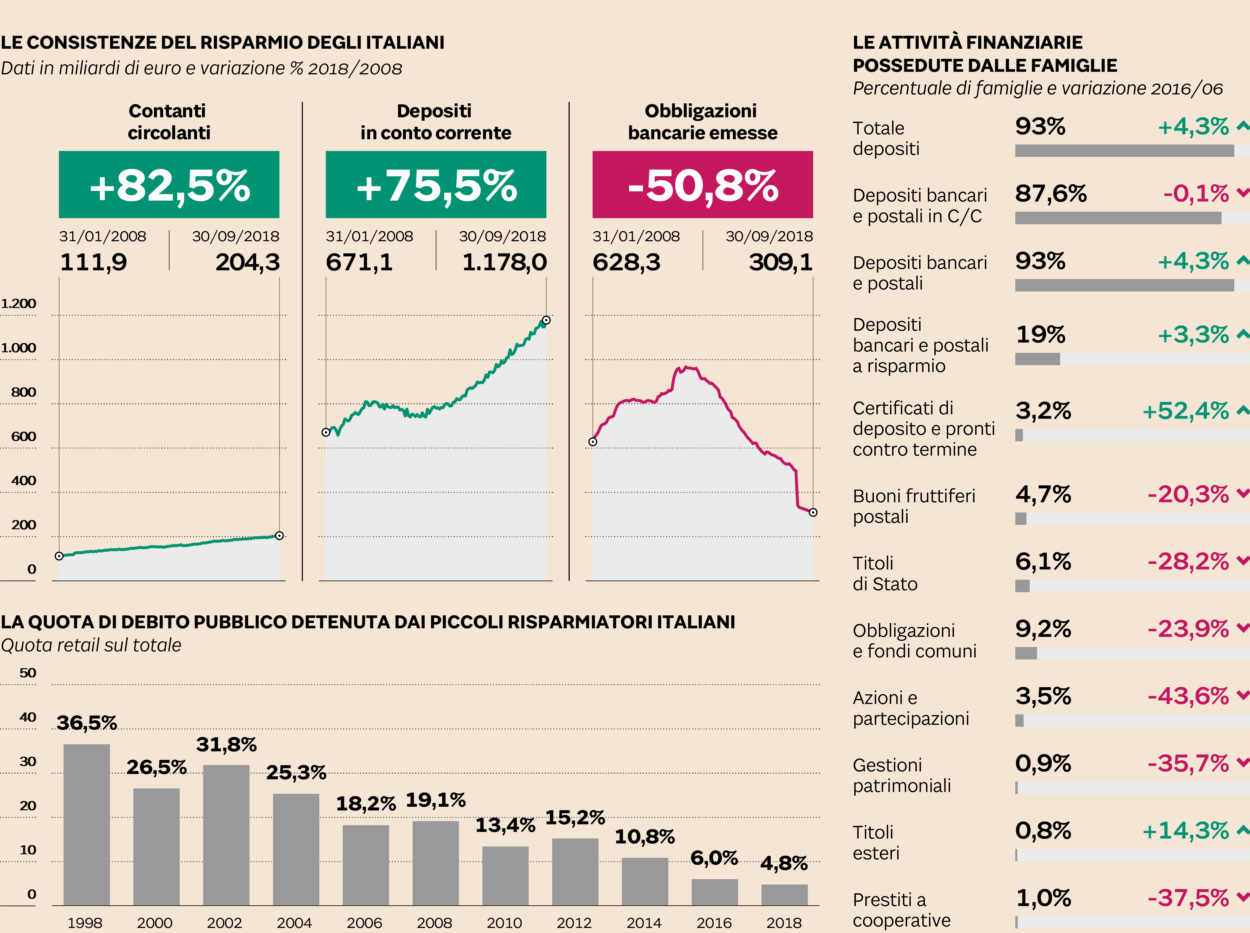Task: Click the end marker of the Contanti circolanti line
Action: [279, 536]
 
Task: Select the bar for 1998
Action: [86, 825]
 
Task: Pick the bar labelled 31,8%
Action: [226, 835]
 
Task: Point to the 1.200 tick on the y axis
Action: [19, 304]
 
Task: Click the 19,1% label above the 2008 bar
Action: [435, 800]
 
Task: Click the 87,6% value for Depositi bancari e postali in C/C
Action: [1051, 194]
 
